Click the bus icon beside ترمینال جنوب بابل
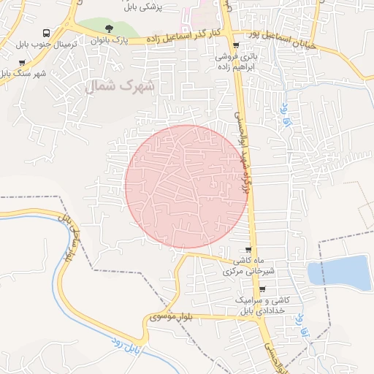(x=46, y=33)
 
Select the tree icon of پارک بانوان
(x=109, y=29)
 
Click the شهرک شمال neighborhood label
(x=121, y=85)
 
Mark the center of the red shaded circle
(x=186, y=186)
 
